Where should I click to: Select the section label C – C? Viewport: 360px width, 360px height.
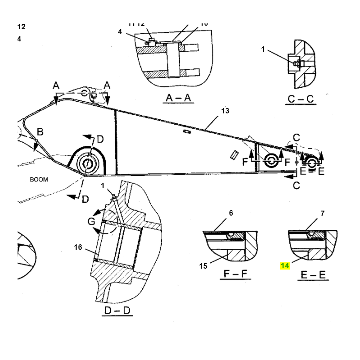301,99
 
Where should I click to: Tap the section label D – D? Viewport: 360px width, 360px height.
118,310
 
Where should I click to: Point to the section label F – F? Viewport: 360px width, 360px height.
235,274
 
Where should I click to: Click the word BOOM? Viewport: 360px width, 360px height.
39,179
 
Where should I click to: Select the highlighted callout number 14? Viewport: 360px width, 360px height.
284,266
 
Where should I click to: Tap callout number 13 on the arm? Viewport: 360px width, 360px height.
225,111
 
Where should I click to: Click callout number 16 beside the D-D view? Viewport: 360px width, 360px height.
78,247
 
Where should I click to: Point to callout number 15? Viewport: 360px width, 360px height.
203,266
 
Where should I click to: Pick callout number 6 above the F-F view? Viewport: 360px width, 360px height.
231,213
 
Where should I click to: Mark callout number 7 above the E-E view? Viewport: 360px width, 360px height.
323,213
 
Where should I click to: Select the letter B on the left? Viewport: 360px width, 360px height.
40,132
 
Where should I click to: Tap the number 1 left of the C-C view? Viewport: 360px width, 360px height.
263,49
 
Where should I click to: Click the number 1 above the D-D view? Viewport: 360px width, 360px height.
103,185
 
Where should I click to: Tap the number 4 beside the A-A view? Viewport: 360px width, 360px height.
120,31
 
